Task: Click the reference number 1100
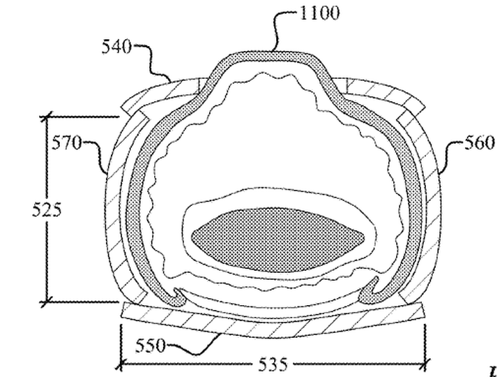point(319,14)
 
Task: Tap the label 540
point(116,47)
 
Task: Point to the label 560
point(480,142)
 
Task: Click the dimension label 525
point(47,211)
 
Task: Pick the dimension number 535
point(273,364)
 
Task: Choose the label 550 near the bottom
point(151,346)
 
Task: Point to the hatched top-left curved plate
point(160,94)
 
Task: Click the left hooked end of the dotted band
point(178,297)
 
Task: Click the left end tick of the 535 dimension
point(121,364)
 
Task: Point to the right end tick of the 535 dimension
point(425,364)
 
